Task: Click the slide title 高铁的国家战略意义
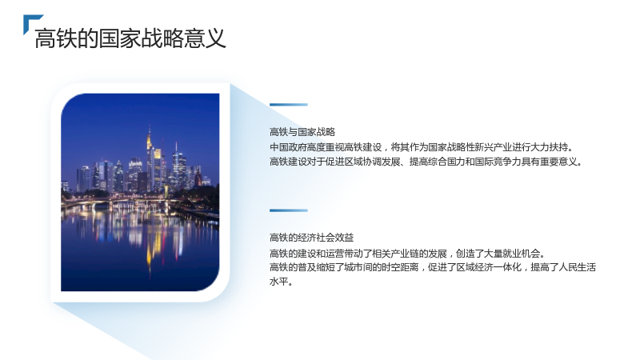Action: [130, 38]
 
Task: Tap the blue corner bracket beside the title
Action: [30, 21]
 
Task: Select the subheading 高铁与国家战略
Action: [302, 132]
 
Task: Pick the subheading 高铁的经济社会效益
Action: [311, 238]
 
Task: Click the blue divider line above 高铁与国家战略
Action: [289, 105]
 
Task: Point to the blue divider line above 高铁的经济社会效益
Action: [289, 210]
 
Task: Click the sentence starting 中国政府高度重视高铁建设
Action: [422, 147]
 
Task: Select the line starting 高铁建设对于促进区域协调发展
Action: [426, 162]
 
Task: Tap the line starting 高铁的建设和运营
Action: [407, 254]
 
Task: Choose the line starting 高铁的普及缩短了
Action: [433, 267]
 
